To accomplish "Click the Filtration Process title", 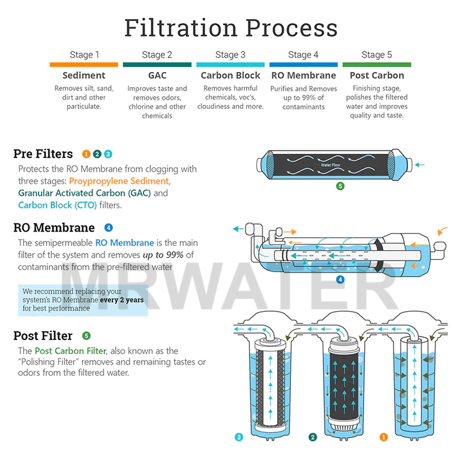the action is (x=231, y=28).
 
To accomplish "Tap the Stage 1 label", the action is (x=84, y=55).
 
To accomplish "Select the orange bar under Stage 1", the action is (x=84, y=65).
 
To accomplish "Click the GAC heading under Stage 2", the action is (x=157, y=75).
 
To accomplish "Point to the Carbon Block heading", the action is (x=231, y=75).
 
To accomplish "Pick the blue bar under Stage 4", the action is (x=303, y=65).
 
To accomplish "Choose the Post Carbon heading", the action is (x=376, y=75).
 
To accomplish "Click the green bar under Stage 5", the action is (x=376, y=65).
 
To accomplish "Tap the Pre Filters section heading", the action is (x=43, y=154).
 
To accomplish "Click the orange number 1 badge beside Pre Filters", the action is (x=86, y=154).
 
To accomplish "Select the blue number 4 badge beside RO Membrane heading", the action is (x=108, y=227).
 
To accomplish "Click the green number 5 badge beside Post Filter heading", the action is (x=86, y=335).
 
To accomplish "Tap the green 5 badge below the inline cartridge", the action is (x=340, y=186).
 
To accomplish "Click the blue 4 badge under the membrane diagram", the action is (x=340, y=279).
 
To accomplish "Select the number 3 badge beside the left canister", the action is (x=238, y=437).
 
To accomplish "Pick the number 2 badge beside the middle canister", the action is (x=312, y=437).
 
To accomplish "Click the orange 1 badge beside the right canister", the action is (x=384, y=437).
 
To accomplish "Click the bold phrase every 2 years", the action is (x=121, y=300).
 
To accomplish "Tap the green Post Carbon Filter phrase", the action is (x=70, y=350).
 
